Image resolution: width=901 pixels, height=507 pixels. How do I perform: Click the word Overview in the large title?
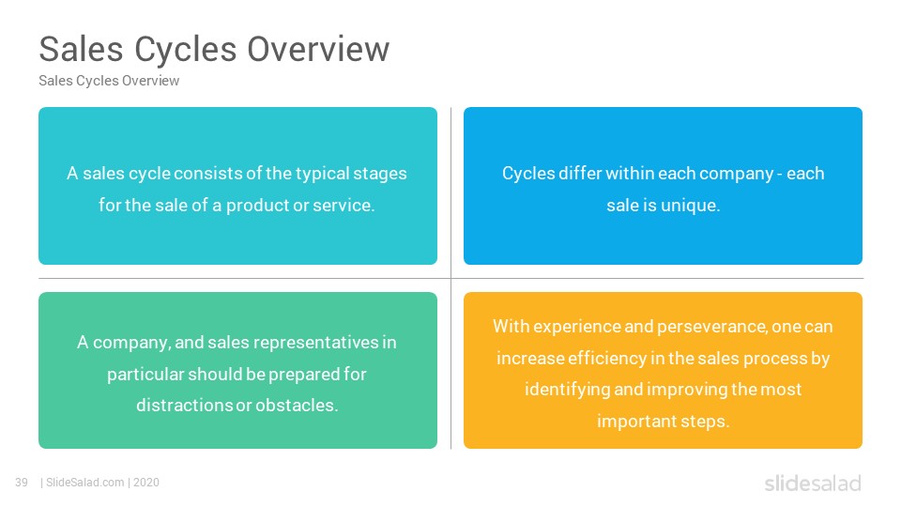(318, 49)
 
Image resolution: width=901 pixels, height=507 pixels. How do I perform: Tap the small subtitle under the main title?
(109, 81)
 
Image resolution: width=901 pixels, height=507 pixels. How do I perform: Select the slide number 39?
(22, 483)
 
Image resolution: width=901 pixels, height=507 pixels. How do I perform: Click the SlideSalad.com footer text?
(85, 483)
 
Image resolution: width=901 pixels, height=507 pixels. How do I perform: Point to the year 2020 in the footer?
(146, 483)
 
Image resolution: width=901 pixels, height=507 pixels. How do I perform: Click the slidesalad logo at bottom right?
(813, 483)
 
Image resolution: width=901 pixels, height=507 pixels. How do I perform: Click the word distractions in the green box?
(184, 406)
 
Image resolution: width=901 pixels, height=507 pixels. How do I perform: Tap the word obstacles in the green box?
(297, 406)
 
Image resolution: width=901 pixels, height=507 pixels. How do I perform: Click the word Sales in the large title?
(81, 49)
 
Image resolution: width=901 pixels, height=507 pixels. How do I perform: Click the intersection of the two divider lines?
(451, 278)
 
